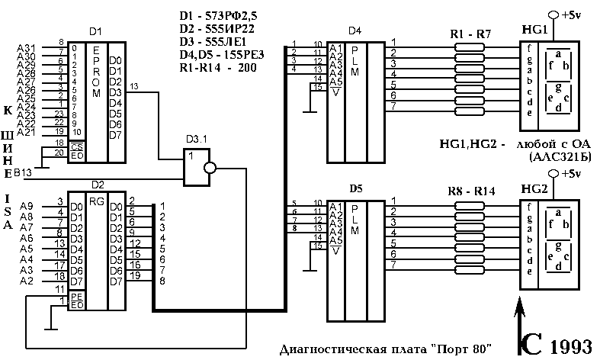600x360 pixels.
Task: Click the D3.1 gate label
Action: pyautogui.click(x=197, y=141)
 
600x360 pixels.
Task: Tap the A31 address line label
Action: pyautogui.click(x=26, y=47)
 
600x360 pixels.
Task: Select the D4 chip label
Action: pyautogui.click(x=354, y=31)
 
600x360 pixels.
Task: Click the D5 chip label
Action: pyautogui.click(x=354, y=188)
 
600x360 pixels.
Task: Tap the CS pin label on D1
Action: pyautogui.click(x=75, y=145)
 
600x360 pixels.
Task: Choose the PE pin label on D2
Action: pyautogui.click(x=75, y=295)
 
